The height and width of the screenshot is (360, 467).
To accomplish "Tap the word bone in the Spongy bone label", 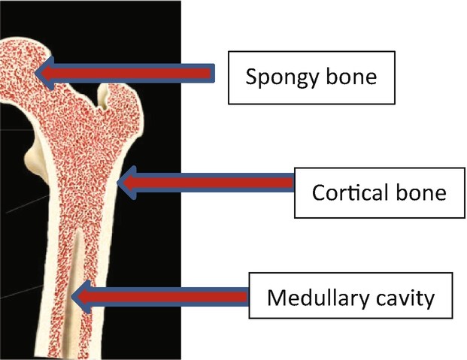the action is (347, 77).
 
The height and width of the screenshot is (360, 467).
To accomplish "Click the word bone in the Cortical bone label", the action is (420, 192).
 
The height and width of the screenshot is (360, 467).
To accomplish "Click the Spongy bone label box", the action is (311, 77).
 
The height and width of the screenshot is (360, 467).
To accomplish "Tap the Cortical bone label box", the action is (379, 192).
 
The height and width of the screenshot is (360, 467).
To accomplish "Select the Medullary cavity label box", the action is (350, 298).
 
